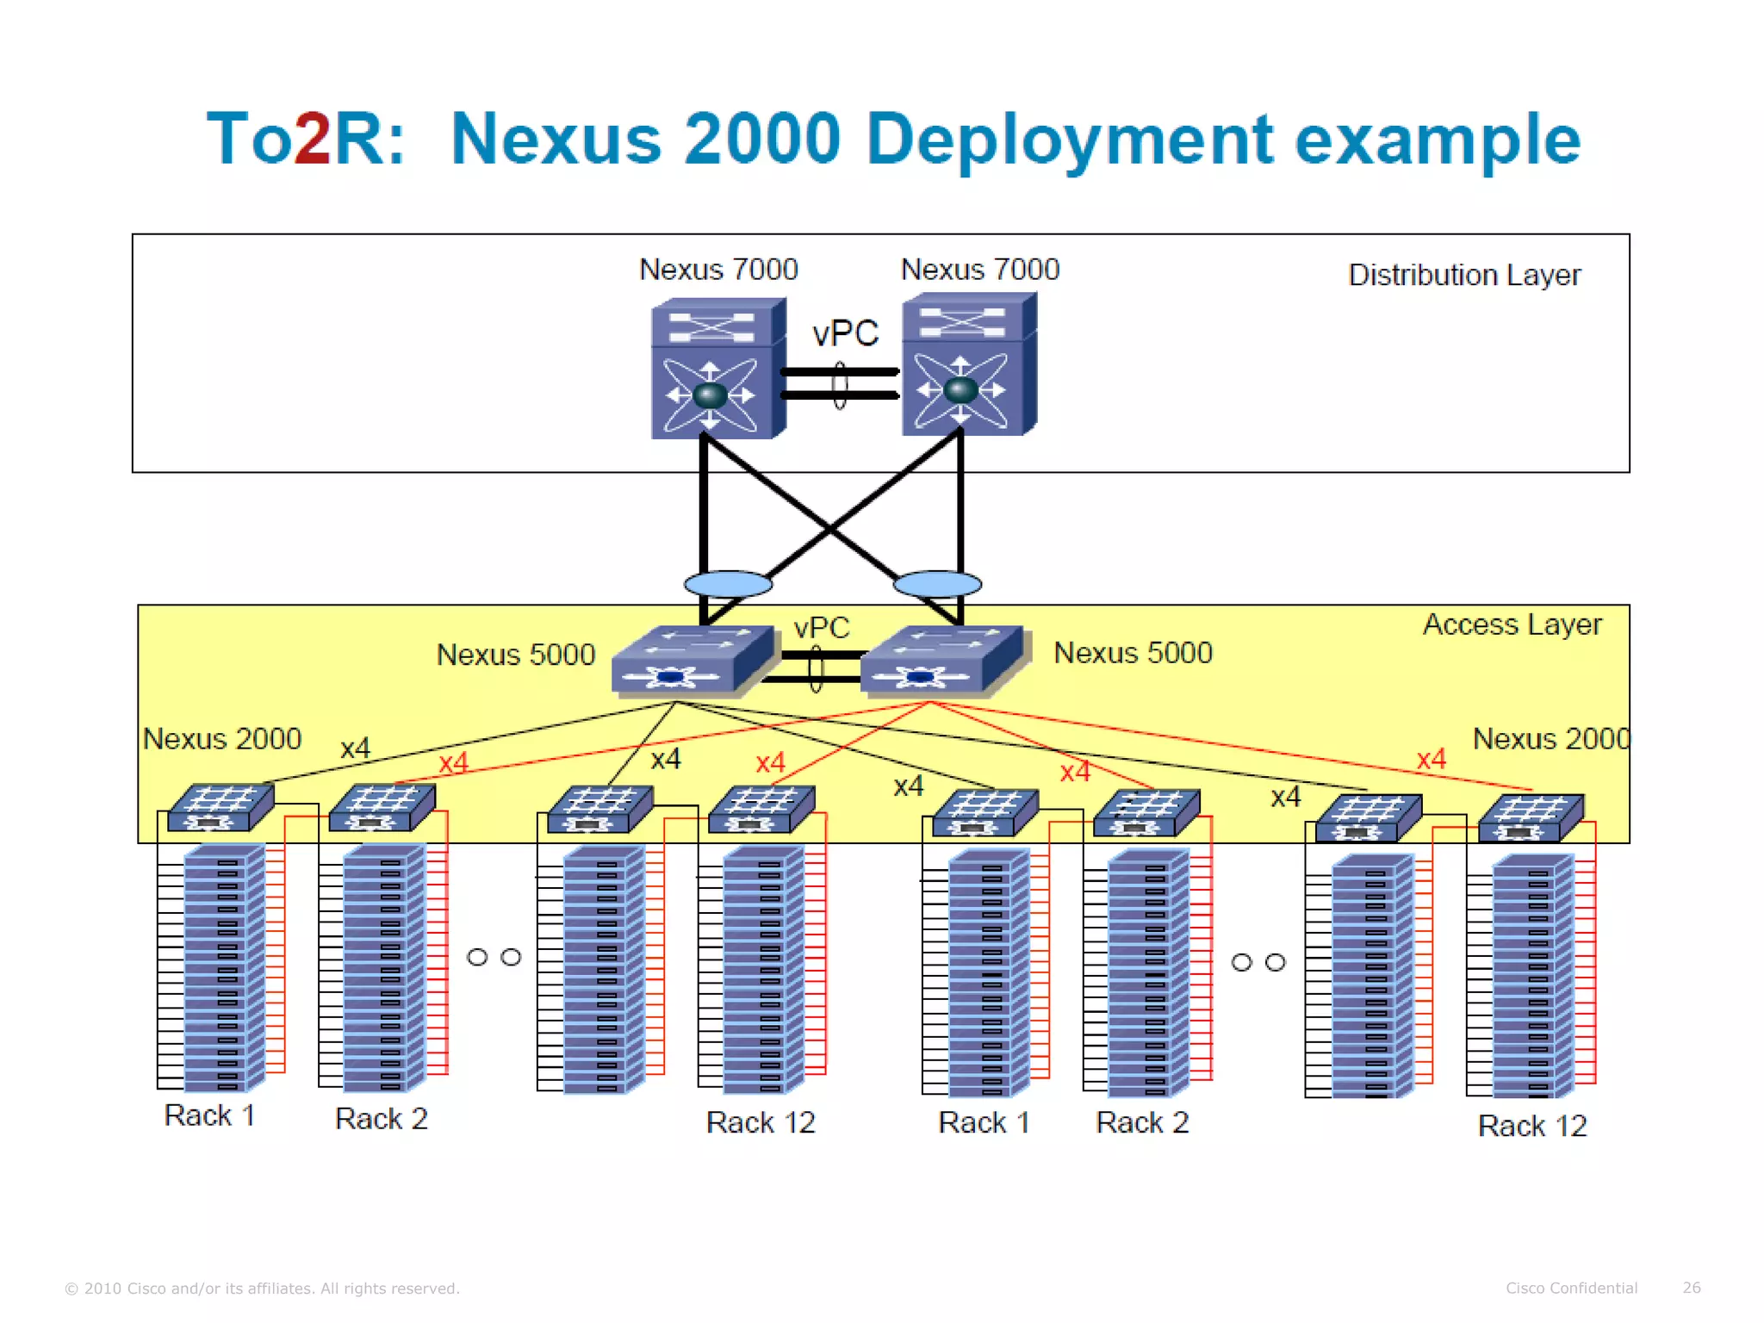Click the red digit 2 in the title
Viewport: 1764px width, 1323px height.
point(311,139)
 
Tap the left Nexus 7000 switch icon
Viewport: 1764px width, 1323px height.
point(717,369)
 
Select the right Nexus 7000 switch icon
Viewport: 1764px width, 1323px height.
point(968,365)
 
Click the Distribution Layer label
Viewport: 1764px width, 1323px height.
point(1463,276)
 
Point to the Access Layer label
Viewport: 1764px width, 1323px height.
point(1512,624)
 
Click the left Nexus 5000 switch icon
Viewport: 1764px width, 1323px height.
point(690,660)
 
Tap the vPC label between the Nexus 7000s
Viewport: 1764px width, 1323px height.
point(845,333)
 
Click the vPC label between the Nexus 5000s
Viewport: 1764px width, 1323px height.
point(822,627)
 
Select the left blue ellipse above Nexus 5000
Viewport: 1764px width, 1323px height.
point(728,584)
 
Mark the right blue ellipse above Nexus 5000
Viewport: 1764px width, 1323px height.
point(937,584)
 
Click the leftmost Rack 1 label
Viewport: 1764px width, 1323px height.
point(209,1115)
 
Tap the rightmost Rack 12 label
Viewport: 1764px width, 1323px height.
point(1531,1126)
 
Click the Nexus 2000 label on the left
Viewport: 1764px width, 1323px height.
point(222,739)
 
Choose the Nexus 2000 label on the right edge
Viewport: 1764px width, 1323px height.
point(1551,739)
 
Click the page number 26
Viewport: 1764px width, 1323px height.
point(1691,1288)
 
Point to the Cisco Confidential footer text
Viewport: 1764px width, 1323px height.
point(1571,1288)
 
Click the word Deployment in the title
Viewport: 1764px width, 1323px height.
point(1068,140)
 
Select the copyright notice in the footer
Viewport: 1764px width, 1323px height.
point(263,1289)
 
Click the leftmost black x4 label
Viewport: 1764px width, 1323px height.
point(355,748)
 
